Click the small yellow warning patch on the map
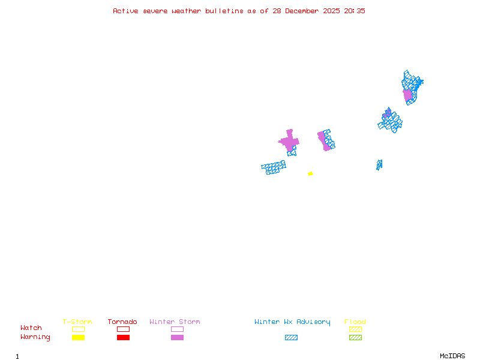[310, 173]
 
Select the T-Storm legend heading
[77, 322]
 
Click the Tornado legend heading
[122, 322]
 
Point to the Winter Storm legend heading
[175, 322]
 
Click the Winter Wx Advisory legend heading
[292, 322]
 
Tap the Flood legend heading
[355, 322]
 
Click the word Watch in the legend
[31, 328]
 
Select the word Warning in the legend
[35, 337]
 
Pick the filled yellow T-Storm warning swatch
[78, 337]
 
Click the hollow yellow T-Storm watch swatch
[78, 329]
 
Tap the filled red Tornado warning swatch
[123, 337]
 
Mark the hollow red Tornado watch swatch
[123, 329]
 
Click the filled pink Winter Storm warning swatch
[177, 337]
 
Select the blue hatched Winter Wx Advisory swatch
[291, 337]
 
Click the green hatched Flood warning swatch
[355, 337]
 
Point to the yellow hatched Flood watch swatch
[355, 329]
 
